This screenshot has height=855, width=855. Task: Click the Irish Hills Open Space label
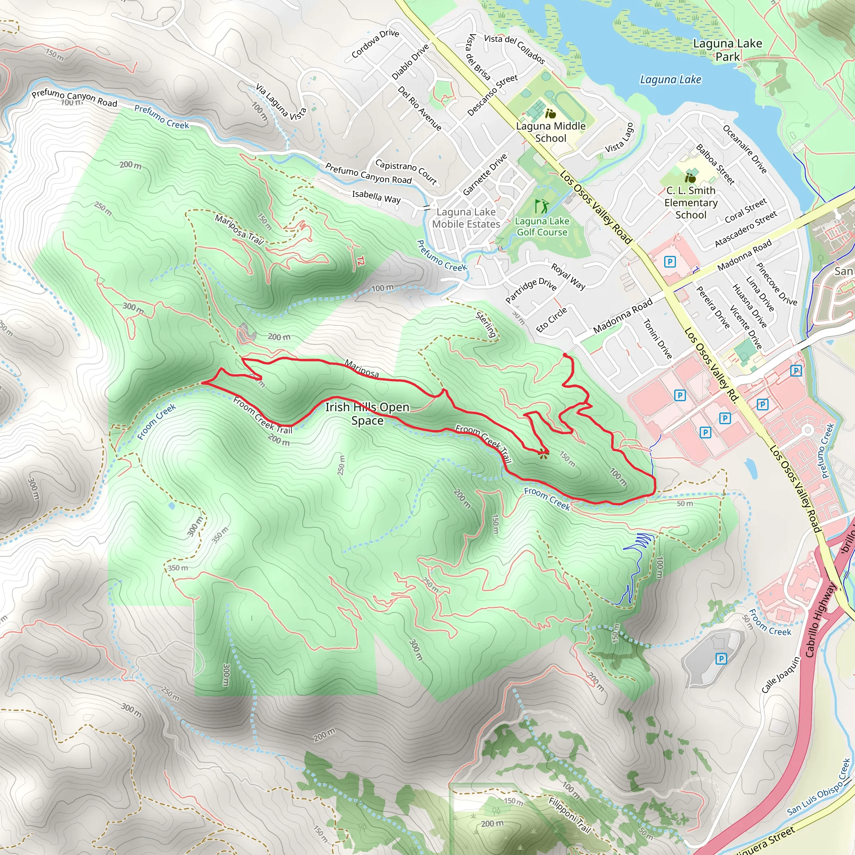point(367,413)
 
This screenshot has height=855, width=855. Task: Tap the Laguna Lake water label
point(670,80)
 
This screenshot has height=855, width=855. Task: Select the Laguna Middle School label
point(551,132)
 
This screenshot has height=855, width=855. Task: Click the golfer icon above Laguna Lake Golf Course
point(541,206)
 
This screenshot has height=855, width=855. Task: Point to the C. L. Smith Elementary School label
point(691,202)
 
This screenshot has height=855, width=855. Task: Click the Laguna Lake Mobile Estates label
point(466,218)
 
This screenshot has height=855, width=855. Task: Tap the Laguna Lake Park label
point(727,50)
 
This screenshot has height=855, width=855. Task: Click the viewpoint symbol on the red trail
point(543,454)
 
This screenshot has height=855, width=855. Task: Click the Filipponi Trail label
point(569,815)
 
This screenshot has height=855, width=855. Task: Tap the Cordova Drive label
point(375,43)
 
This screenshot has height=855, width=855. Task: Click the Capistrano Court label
point(406,172)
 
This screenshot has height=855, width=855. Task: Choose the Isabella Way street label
point(376,197)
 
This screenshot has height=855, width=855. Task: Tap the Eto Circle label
point(551,319)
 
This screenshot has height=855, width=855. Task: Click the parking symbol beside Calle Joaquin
point(721,659)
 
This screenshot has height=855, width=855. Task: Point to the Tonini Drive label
point(658,339)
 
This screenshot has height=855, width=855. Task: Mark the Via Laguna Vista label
point(281,102)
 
